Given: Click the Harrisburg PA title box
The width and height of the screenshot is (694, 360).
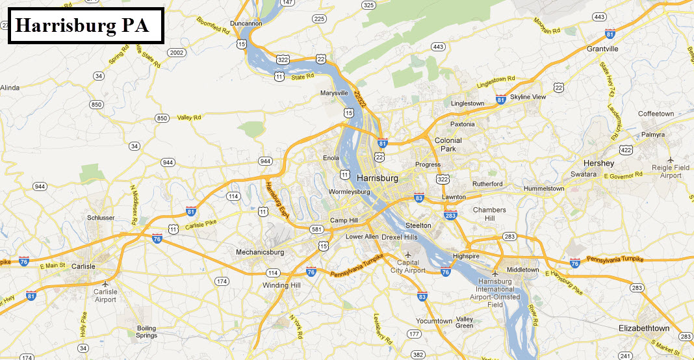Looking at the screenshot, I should click(85, 26).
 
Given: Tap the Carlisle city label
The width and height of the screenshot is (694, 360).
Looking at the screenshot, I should click(83, 266).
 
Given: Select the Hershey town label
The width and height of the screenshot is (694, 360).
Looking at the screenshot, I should click(598, 163).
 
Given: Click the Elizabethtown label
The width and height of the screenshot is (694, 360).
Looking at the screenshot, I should click(644, 328).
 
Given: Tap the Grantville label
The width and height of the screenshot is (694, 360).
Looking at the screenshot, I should click(602, 49).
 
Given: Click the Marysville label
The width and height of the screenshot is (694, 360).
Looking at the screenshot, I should click(335, 93).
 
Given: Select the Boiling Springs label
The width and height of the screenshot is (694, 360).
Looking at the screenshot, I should click(147, 332).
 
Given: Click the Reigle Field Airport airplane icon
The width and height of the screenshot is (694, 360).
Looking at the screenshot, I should click(671, 159).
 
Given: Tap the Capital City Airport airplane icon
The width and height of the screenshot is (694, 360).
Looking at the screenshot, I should click(407, 254).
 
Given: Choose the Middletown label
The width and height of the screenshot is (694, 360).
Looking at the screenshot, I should click(523, 270).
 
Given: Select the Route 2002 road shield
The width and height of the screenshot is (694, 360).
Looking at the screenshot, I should click(176, 52).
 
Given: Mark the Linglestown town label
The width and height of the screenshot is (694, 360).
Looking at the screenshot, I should click(467, 103).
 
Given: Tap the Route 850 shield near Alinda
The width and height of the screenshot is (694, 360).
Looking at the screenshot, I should click(97, 105).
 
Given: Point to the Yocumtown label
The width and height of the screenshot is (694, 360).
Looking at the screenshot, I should click(434, 321).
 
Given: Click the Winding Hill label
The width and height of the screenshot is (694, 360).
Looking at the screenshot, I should click(281, 285).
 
